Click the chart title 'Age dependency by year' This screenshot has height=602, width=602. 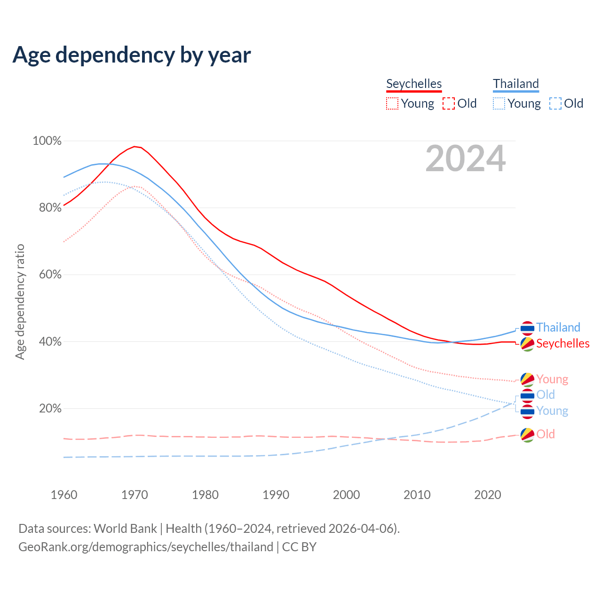[132, 55]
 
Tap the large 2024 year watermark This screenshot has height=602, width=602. [466, 158]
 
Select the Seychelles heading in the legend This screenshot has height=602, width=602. [414, 84]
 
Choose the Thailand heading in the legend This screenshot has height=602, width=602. [516, 84]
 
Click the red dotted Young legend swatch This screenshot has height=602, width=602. [392, 103]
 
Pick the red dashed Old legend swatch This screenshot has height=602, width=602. [449, 103]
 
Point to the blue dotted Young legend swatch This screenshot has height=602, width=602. [499, 103]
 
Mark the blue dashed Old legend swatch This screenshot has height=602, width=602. [555, 103]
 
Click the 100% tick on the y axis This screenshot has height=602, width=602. [47, 141]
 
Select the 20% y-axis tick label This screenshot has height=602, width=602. [50, 408]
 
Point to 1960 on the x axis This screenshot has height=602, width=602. [64, 495]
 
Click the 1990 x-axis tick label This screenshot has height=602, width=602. [276, 495]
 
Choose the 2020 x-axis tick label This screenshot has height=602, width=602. [488, 495]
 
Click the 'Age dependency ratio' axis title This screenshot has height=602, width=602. [20, 301]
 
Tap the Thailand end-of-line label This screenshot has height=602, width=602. [558, 327]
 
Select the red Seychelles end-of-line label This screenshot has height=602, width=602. [562, 343]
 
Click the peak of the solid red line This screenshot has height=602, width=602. [135, 146]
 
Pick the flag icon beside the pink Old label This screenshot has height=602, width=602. [527, 435]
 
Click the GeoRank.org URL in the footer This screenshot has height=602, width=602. [146, 547]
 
